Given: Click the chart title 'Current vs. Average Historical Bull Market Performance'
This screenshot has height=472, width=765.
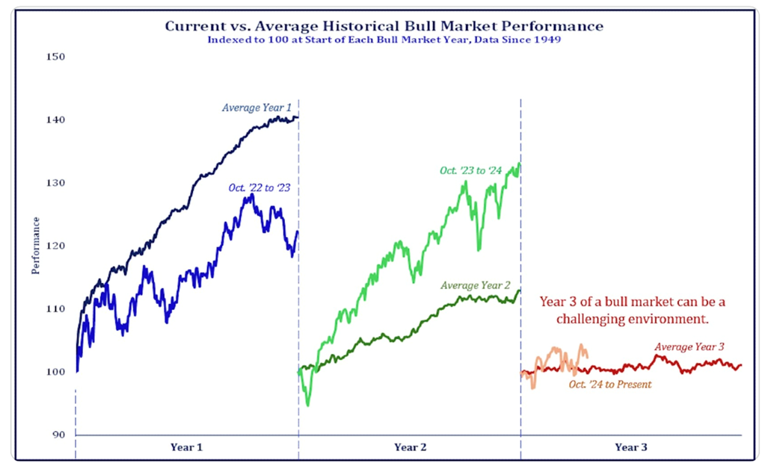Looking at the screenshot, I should tap(384, 27).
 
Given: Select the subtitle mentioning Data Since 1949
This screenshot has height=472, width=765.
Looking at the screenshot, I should tap(384, 40).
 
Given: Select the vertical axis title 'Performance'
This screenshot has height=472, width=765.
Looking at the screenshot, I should tap(35, 246).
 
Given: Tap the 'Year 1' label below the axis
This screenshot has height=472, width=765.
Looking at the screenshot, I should tap(187, 447).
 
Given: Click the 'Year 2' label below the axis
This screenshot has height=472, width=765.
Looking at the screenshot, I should tap(410, 447).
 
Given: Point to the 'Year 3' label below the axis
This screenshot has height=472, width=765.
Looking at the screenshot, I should tap(631, 447).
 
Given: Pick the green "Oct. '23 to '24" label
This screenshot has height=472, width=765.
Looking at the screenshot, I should tap(472, 171).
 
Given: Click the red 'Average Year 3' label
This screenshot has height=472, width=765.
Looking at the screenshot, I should tap(689, 347).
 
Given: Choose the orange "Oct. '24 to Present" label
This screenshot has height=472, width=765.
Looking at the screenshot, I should tap(609, 384).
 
